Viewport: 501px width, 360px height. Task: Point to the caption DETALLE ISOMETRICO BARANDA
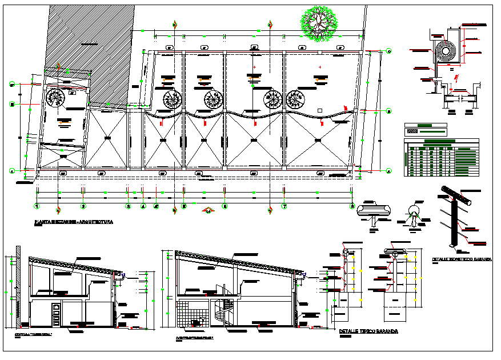pos(462,259)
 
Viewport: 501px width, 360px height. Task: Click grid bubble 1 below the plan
pos(37,206)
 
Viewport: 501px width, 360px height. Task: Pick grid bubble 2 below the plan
pos(83,206)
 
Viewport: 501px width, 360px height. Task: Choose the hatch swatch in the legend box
pos(411,131)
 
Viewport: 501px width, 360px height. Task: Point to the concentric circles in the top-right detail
pos(445,51)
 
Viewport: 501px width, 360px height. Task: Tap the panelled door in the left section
pos(56,315)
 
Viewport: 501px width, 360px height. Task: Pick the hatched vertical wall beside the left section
pos(19,286)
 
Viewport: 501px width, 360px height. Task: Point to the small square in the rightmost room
pos(320,109)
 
